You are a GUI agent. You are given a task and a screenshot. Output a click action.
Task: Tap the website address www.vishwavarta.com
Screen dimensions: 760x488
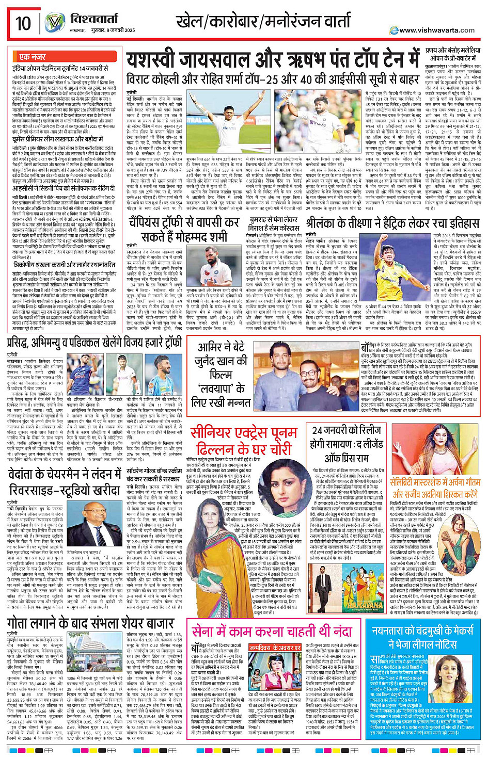(436, 30)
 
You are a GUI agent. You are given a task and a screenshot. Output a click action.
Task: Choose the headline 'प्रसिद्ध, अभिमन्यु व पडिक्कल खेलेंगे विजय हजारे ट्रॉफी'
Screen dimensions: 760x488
(94, 342)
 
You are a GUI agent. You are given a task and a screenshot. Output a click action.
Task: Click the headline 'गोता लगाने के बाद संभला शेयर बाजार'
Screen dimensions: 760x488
(90, 623)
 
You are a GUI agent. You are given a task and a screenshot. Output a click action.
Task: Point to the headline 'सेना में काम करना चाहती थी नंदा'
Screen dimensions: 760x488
(272, 631)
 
